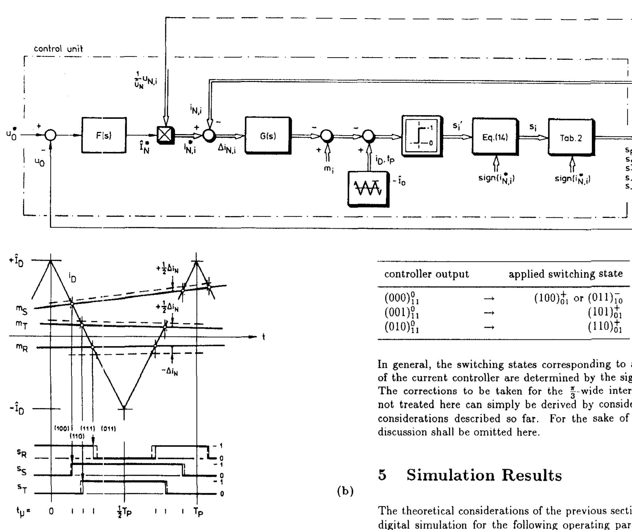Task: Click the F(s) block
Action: click(x=104, y=136)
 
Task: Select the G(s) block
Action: click(x=268, y=136)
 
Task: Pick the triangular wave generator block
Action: click(x=368, y=188)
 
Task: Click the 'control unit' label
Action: click(x=58, y=49)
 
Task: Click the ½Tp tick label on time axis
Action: click(x=125, y=511)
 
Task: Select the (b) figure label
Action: click(x=344, y=491)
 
